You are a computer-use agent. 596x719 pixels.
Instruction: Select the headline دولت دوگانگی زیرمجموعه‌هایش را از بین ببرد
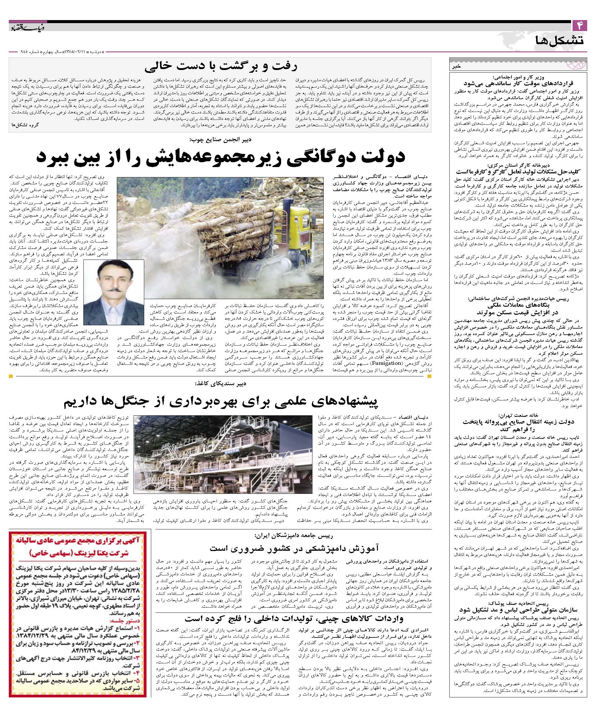(x=221, y=156)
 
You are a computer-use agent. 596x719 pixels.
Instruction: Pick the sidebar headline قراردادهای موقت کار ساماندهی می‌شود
(x=519, y=83)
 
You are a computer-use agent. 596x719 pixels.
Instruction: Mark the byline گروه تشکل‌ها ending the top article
(x=25, y=125)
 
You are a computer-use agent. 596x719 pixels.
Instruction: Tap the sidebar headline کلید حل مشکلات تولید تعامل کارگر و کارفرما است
(x=519, y=172)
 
